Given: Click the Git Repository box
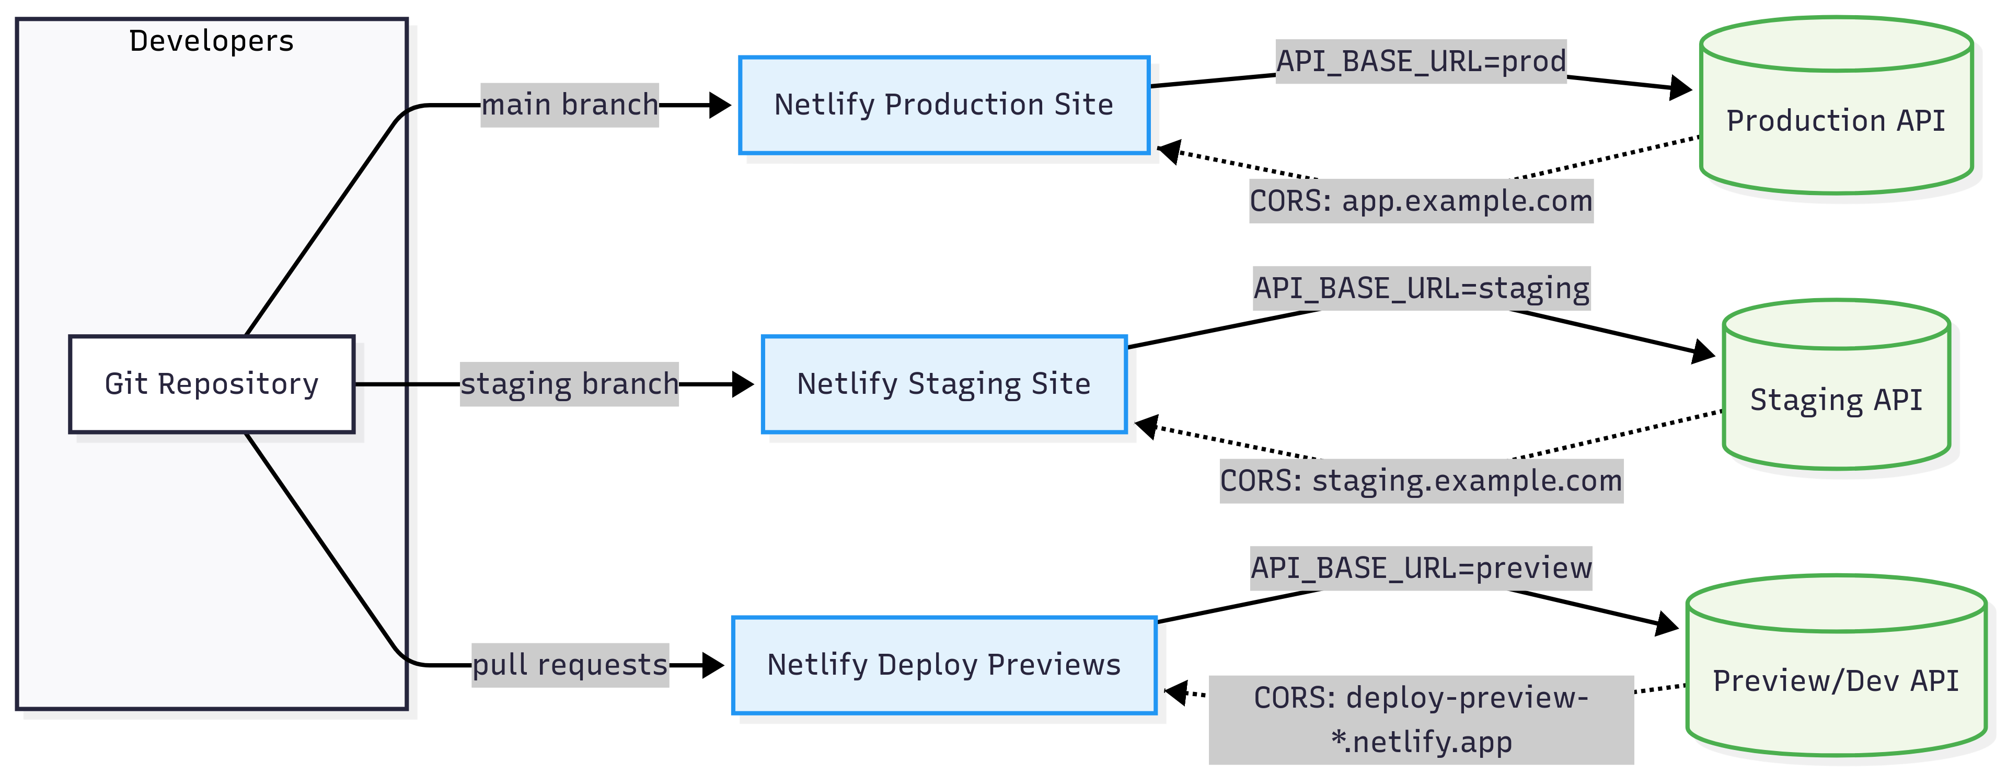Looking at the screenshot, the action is (x=212, y=384).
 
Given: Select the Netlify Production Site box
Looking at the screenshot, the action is (x=944, y=105).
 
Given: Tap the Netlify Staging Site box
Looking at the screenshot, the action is (x=944, y=384).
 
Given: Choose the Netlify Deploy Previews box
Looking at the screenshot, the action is (x=944, y=665).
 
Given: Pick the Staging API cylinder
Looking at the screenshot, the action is (x=1837, y=384).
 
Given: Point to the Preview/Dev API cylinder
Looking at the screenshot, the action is (x=1837, y=665).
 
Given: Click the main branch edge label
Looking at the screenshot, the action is (x=570, y=105).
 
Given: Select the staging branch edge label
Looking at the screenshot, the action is (x=570, y=384).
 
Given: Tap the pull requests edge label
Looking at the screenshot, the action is (x=570, y=665).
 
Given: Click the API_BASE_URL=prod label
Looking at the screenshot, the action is (x=1421, y=61).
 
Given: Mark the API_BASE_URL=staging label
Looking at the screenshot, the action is (x=1421, y=288).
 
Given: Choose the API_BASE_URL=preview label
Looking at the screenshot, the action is (x=1421, y=568).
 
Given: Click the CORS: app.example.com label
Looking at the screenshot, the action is (x=1421, y=201).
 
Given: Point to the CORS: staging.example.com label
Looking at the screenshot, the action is (x=1421, y=481).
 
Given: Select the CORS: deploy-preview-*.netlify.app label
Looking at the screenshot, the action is (x=1421, y=719).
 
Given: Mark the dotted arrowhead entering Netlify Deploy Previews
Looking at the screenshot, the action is (x=1175, y=691).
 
